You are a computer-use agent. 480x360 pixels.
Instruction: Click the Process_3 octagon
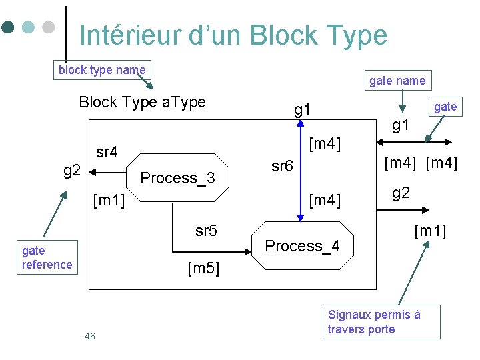tap(177, 178)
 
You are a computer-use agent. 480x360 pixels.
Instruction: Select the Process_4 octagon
tap(302, 245)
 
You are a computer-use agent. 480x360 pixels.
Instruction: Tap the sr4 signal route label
tap(107, 153)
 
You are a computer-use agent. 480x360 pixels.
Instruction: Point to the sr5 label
tap(206, 231)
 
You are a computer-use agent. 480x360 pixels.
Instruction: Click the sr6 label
tap(282, 167)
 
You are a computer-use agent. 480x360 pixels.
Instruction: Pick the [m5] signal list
tap(203, 269)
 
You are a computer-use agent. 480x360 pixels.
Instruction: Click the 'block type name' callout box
tap(102, 70)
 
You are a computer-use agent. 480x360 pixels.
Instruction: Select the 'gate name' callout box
tap(397, 81)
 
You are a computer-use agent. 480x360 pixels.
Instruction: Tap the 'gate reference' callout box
tap(47, 257)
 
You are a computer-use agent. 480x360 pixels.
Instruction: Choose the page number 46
tap(89, 336)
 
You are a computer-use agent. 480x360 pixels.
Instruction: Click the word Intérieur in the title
tap(130, 35)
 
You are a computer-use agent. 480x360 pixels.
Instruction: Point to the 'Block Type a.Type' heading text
tap(142, 102)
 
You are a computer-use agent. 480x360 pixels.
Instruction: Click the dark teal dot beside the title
tap(8, 27)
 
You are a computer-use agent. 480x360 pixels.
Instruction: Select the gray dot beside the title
tap(48, 27)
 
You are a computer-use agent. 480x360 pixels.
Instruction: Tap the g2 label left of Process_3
tap(72, 171)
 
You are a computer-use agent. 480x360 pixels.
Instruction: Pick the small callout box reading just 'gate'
tap(445, 107)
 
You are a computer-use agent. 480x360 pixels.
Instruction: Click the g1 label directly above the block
tap(303, 109)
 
